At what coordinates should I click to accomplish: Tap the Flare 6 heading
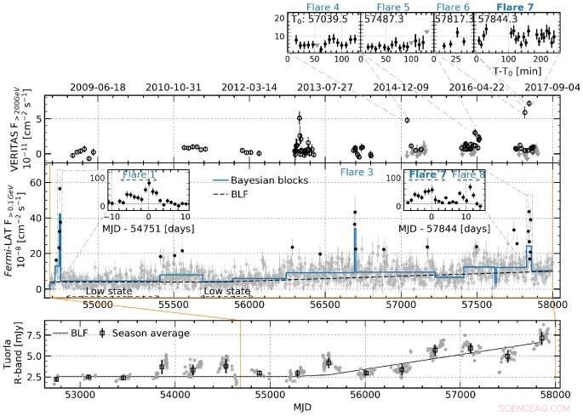(454, 7)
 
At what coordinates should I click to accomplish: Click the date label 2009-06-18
(97, 87)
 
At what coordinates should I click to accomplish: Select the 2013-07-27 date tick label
(324, 87)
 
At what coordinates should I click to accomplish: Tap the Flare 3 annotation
(357, 173)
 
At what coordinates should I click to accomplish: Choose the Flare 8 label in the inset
(469, 175)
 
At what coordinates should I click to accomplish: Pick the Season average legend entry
(149, 333)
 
